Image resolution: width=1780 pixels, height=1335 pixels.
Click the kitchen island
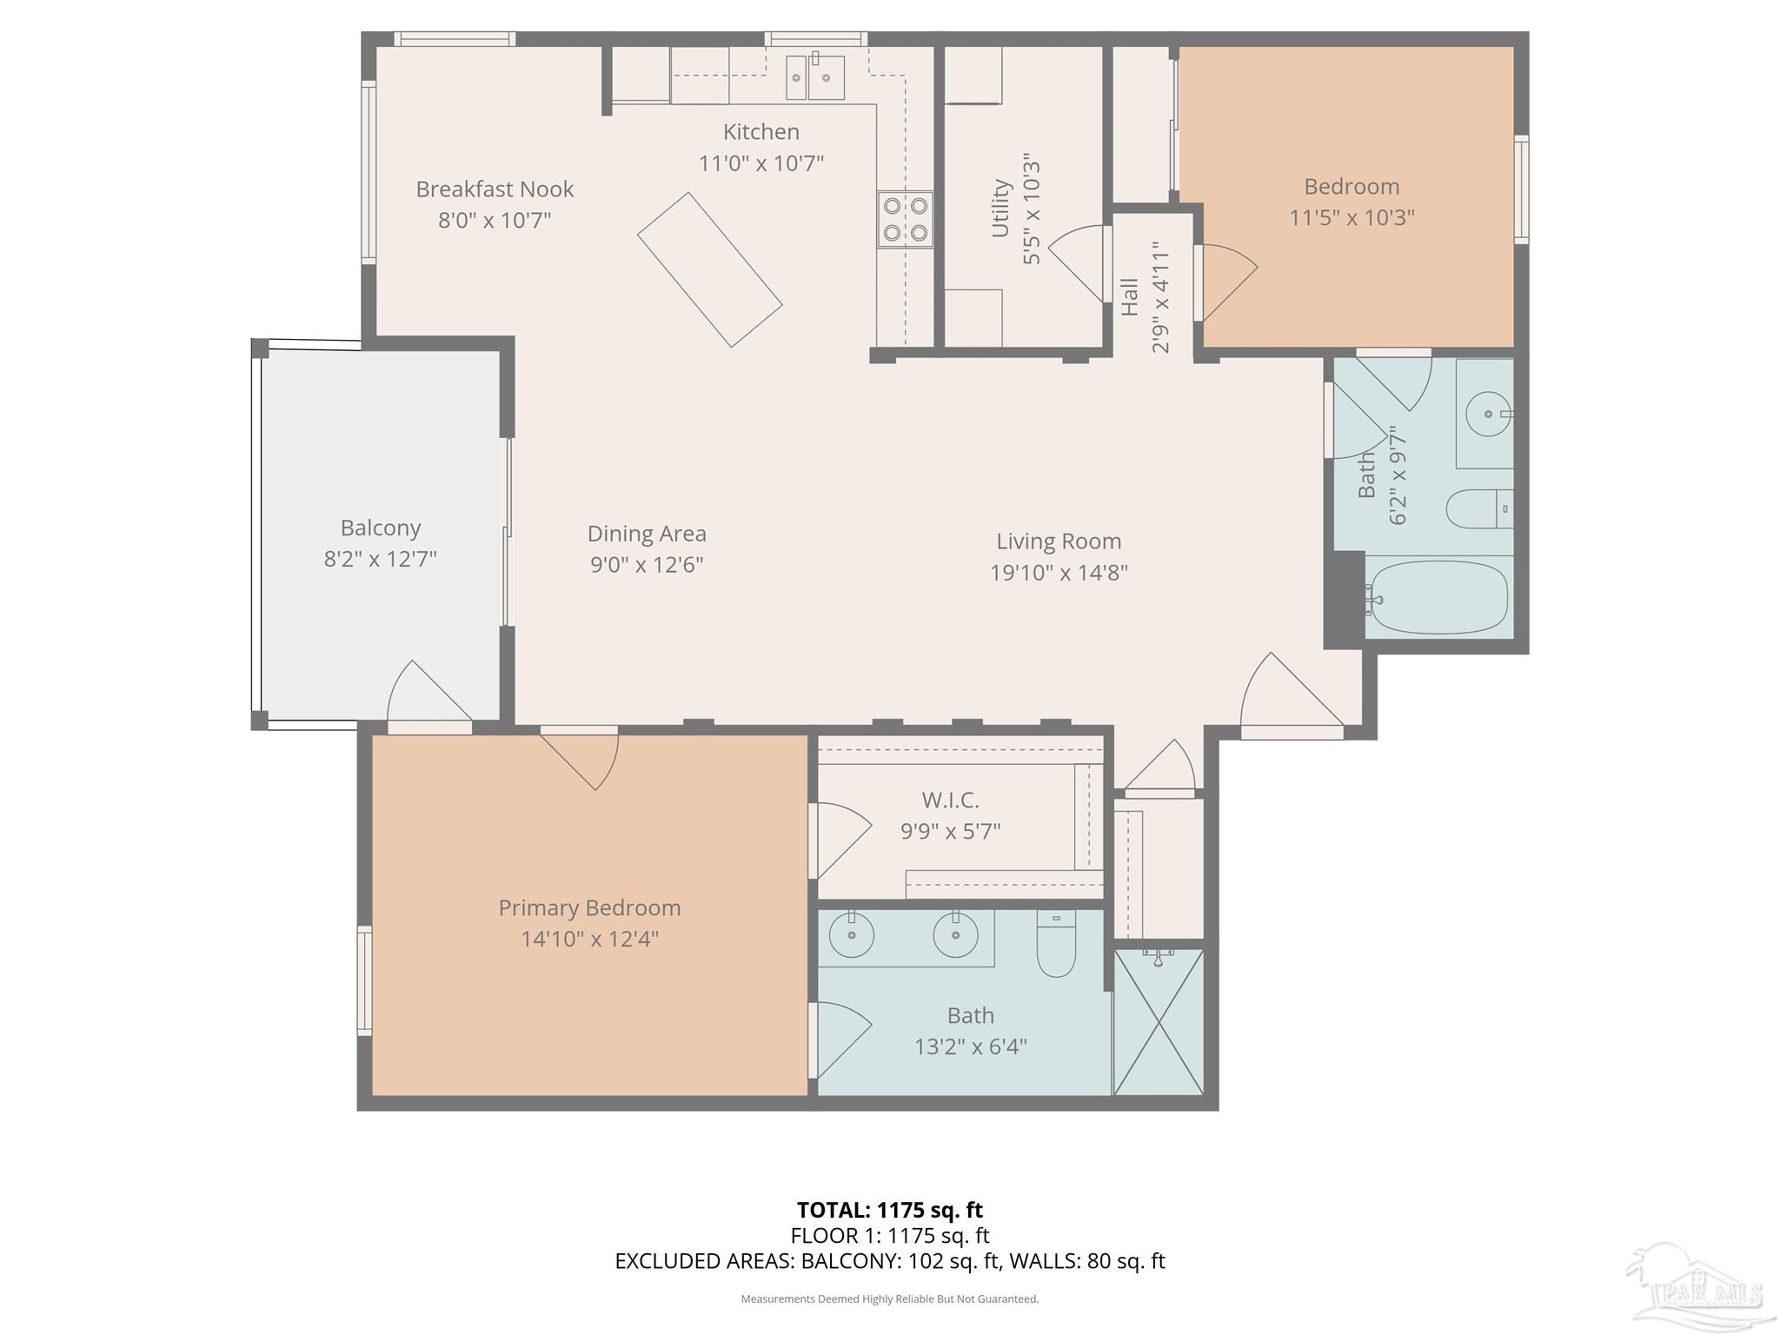pos(710,269)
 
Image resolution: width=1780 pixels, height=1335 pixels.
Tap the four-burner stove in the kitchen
pos(905,219)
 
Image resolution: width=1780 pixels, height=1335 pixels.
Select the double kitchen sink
pos(815,78)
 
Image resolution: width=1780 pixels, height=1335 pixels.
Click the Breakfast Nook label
pos(495,189)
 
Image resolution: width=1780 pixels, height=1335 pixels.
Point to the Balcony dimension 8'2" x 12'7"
pos(381,558)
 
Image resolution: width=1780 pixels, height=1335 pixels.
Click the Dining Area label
pos(647,533)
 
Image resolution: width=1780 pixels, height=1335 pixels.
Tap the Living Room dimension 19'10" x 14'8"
pos(1059,572)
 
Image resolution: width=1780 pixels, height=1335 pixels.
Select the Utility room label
pos(1000,209)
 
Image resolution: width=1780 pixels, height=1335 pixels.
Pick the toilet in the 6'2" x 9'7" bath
pos(1479,508)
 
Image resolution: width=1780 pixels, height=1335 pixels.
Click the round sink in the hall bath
pos(1488,415)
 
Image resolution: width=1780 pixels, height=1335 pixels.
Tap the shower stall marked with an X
pos(1159,1021)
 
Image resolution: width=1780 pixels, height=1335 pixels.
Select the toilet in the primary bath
pos(1056,943)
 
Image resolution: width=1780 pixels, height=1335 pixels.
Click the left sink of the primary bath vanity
pos(852,935)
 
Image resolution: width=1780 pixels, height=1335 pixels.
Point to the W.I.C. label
pos(950,800)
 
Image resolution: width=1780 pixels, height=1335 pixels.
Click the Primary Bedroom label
pos(589,908)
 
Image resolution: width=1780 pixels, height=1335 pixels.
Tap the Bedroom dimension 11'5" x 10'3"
pos(1352,217)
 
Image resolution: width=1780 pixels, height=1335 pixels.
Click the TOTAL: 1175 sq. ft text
pos(890,1210)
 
